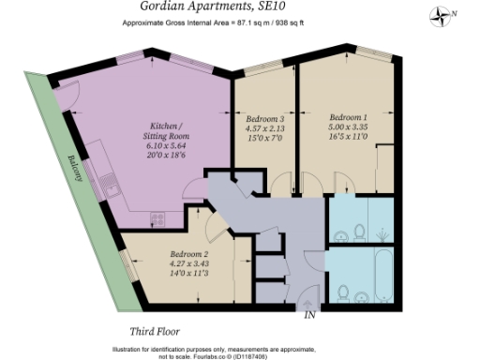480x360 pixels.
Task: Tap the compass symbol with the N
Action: tap(442, 14)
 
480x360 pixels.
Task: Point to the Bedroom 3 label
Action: tap(264, 120)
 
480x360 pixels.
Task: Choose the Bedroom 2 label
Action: tap(189, 253)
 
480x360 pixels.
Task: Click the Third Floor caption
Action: tap(155, 331)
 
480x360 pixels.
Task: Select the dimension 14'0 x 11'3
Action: tap(189, 272)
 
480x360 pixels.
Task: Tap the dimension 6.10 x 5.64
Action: tap(169, 147)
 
